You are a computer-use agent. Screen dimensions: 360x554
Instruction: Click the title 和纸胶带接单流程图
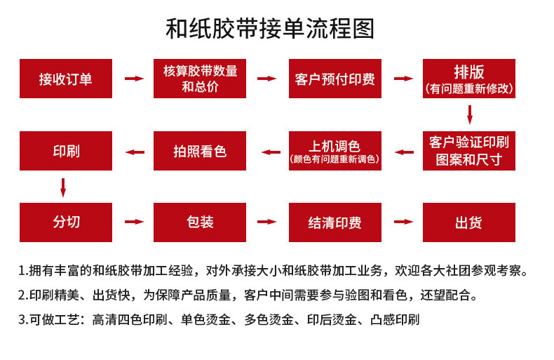point(271,29)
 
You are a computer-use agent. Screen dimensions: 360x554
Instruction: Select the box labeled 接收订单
point(66,79)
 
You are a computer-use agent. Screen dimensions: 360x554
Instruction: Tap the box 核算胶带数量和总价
point(201,79)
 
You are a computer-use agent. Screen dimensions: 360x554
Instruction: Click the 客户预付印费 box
point(335,79)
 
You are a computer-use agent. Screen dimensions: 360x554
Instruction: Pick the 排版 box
point(469,79)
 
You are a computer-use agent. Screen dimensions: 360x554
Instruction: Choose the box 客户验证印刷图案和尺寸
point(469,150)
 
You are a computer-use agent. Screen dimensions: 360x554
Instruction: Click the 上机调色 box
point(335,150)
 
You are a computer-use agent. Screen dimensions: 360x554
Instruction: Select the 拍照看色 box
point(201,150)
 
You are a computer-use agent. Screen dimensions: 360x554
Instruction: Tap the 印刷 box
point(66,150)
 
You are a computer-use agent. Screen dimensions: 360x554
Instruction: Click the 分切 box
point(66,222)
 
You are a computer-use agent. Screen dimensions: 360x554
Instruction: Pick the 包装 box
point(201,222)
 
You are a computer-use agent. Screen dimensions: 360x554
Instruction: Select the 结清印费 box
point(335,222)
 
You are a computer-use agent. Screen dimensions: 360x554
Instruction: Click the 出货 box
point(469,222)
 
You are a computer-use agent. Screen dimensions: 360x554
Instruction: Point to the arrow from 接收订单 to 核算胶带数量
point(133,79)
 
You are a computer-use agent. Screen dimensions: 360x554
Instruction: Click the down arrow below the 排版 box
point(470,114)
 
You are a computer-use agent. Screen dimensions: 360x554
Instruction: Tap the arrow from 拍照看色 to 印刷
point(133,151)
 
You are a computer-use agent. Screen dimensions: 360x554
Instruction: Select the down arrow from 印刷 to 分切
point(63,187)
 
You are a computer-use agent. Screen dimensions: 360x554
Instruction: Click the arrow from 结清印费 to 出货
point(403,222)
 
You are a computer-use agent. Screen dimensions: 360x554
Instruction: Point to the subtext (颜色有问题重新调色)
point(335,160)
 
